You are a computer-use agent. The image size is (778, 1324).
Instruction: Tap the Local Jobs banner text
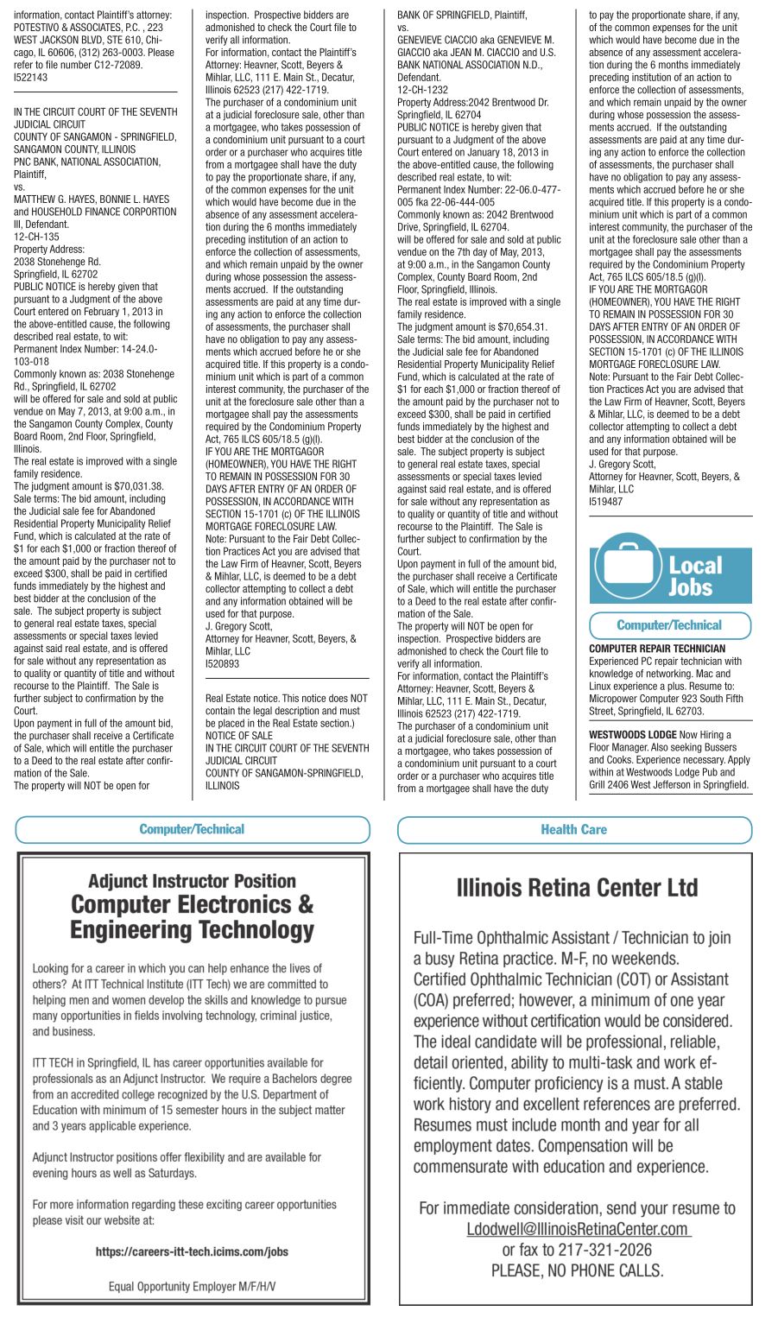click(x=695, y=576)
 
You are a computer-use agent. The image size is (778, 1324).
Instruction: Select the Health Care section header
click(x=574, y=830)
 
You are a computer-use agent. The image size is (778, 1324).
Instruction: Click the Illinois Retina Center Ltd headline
click(x=577, y=888)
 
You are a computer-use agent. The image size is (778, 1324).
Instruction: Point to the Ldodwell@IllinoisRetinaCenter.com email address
click(x=577, y=1229)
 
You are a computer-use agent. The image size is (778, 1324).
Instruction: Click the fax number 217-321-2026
click(x=603, y=1250)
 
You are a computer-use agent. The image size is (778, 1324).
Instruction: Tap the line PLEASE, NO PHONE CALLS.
click(x=577, y=1270)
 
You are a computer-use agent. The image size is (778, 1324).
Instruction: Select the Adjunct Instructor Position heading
click(x=192, y=881)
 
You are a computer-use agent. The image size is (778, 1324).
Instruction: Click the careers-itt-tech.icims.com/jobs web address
click(x=192, y=1251)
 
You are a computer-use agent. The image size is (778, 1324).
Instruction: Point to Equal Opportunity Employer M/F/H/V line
click(x=192, y=1286)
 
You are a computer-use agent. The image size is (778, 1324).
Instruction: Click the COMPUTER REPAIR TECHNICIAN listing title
click(x=657, y=649)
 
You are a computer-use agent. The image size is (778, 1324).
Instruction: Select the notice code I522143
click(x=31, y=78)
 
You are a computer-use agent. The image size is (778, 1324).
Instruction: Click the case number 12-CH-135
click(x=36, y=237)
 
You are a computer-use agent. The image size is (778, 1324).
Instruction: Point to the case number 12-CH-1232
click(x=422, y=90)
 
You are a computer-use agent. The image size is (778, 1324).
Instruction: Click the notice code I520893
click(x=223, y=664)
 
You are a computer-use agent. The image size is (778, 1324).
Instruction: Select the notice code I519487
click(x=606, y=502)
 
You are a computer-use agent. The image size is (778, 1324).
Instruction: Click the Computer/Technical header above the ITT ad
click(x=192, y=830)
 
